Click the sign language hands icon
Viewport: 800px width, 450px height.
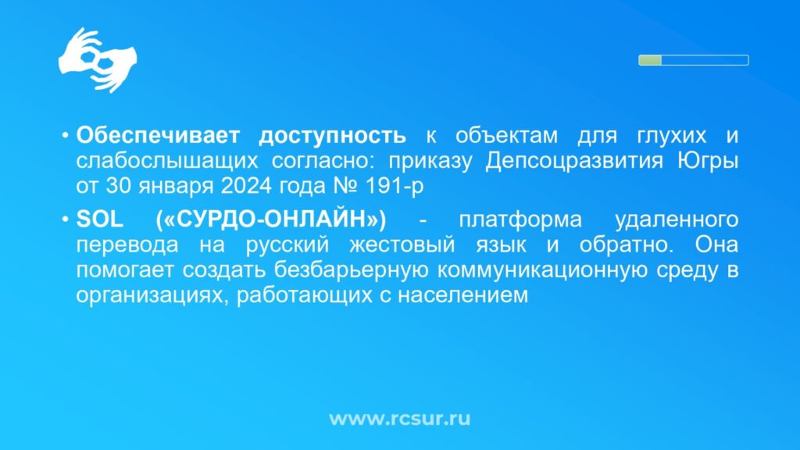(98, 60)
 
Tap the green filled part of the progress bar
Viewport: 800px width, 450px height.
(650, 60)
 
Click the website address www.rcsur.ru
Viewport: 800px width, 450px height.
(399, 419)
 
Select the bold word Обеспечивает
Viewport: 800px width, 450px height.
(158, 136)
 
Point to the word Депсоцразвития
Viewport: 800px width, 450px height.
(574, 162)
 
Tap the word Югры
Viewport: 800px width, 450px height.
(708, 162)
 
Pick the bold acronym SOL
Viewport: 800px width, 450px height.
(99, 220)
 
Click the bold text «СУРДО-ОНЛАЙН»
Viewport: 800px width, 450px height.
(271, 220)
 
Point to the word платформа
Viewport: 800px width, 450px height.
(520, 220)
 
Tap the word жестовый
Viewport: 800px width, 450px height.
(402, 245)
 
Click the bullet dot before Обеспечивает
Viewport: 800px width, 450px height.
(66, 136)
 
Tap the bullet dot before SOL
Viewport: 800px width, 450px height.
(66, 220)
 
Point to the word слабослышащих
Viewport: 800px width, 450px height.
(167, 162)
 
